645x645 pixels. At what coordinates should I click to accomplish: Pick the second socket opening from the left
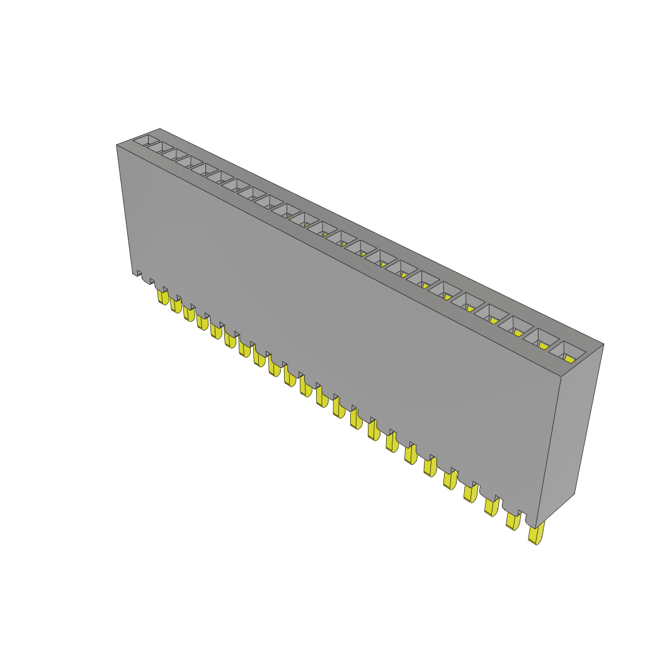click(x=161, y=148)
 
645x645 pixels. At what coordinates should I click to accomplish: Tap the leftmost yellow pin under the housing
click(x=163, y=297)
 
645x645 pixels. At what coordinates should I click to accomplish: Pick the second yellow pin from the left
click(x=176, y=305)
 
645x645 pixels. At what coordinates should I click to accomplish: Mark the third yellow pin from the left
click(x=189, y=313)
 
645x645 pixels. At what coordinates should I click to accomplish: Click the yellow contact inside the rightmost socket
click(x=569, y=358)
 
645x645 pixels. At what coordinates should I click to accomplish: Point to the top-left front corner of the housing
click(x=117, y=146)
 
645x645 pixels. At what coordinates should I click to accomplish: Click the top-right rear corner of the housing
click(x=603, y=344)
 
